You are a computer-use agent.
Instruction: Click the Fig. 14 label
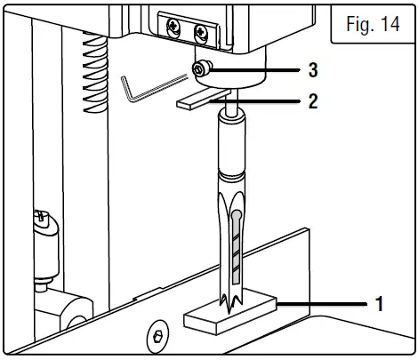pyautogui.click(x=372, y=24)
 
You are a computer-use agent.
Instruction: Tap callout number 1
pyautogui.click(x=380, y=304)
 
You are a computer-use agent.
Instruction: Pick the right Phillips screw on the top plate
pyautogui.click(x=199, y=32)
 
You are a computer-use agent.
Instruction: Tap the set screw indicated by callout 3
pyautogui.click(x=205, y=67)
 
